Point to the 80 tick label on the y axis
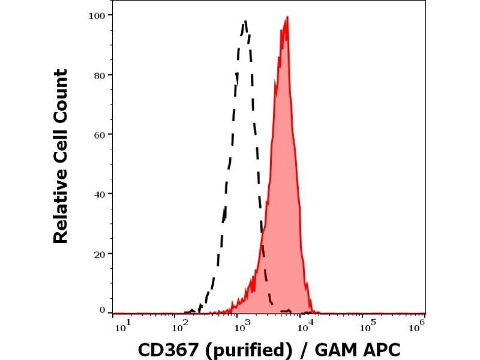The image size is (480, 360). coord(100,75)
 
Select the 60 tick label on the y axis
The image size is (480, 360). coord(100,134)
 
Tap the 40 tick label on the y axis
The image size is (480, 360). coord(100,194)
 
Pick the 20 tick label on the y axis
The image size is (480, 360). coord(100,254)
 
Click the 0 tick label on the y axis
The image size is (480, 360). coord(103,310)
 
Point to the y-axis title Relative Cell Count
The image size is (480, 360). coord(61,156)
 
